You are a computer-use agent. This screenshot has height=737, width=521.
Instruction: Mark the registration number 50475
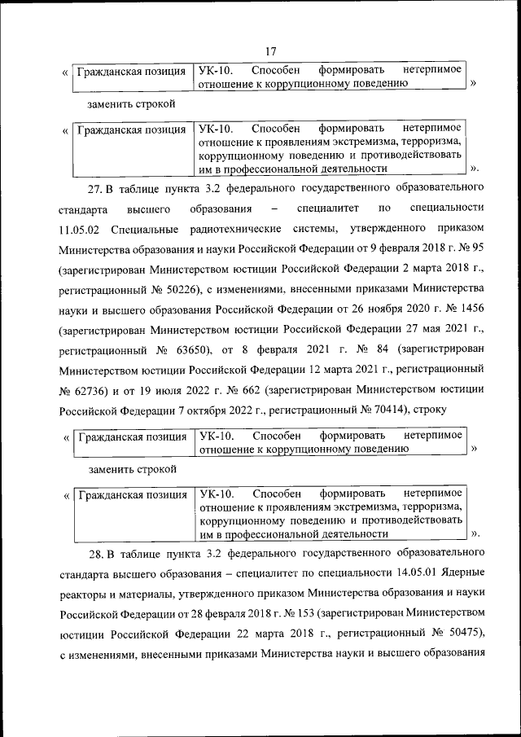tap(459, 634)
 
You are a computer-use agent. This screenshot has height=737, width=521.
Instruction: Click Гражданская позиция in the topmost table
tap(130, 72)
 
